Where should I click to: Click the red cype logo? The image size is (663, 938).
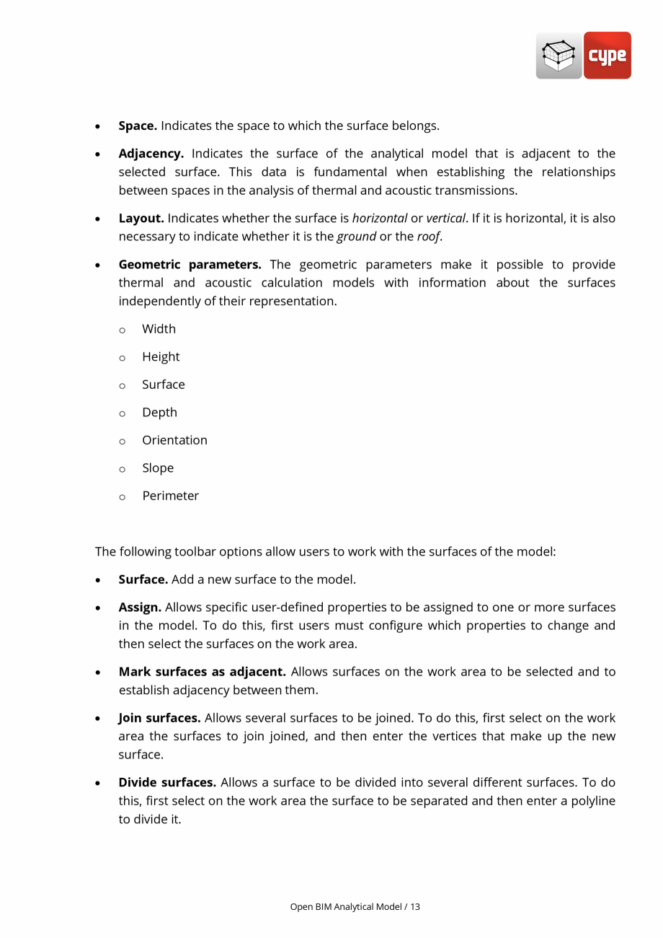coord(607,56)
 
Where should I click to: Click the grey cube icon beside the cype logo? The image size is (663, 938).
coord(559,56)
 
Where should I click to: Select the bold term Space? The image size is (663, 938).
coord(138,126)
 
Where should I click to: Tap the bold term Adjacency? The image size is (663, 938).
coord(151,154)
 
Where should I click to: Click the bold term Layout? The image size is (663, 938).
coord(141,218)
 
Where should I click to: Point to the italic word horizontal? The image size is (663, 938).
coord(380,218)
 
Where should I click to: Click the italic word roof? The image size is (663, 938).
coord(428,237)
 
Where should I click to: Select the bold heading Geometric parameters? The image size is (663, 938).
coord(190,264)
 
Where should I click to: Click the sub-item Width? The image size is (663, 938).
coord(159,329)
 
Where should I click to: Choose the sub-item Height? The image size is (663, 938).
coord(161,357)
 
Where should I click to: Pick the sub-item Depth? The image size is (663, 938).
coord(159,413)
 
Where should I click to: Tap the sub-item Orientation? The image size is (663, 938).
coord(174,440)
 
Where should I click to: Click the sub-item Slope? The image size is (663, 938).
coord(158,468)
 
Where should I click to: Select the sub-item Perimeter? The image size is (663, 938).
coord(170,496)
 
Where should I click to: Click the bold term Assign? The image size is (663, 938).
coord(140,608)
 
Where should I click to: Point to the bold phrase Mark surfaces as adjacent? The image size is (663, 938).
coord(203,672)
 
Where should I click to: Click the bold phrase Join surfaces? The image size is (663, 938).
coord(159,718)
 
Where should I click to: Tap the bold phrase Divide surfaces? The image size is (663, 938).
coord(167,782)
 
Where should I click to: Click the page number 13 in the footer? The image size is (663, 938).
coord(415,906)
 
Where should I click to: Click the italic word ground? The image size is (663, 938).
coord(356,237)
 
